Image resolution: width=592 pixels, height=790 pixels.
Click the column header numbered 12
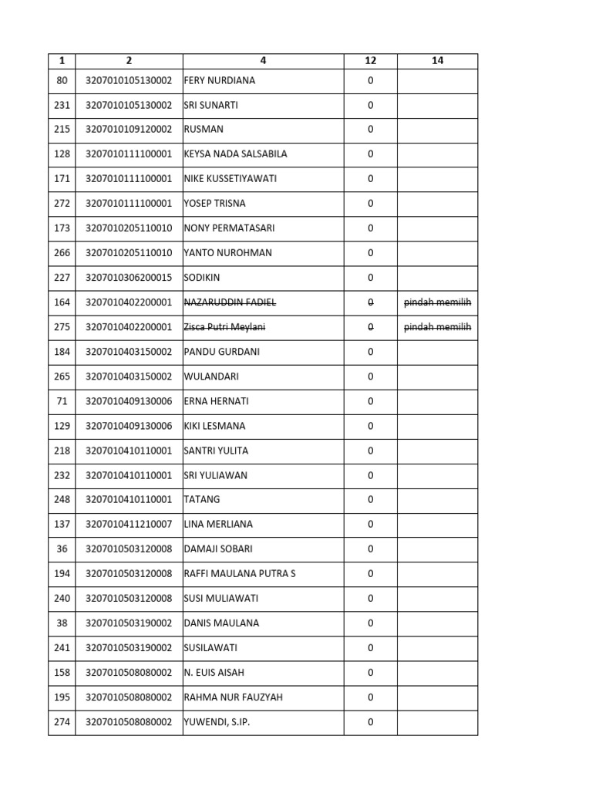point(370,61)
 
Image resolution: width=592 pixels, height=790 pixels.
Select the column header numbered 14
point(438,61)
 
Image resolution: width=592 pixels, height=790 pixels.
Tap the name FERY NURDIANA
point(220,80)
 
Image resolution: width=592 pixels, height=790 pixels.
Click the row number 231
point(62,105)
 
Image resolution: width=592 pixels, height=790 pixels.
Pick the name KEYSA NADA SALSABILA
point(235,154)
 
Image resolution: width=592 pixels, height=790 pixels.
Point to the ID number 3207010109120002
point(129,130)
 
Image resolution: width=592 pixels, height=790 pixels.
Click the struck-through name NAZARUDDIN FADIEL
point(229,302)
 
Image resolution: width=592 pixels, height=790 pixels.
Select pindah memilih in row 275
point(438,327)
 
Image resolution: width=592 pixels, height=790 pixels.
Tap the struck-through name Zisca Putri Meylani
point(224,327)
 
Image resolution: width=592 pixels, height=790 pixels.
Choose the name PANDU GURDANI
point(222,352)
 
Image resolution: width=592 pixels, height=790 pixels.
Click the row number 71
point(62,401)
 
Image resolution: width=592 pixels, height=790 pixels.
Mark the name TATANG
point(200,500)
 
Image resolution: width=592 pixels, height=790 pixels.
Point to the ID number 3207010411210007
point(129,525)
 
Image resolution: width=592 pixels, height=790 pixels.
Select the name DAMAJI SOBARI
point(218,549)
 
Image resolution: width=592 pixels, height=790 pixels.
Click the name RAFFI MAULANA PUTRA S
point(240,574)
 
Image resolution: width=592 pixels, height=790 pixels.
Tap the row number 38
point(62,623)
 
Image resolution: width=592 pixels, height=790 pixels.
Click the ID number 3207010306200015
point(129,278)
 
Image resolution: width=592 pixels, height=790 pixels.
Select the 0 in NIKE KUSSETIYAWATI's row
point(370,179)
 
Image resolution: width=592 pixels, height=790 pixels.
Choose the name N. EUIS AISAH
point(214,673)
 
